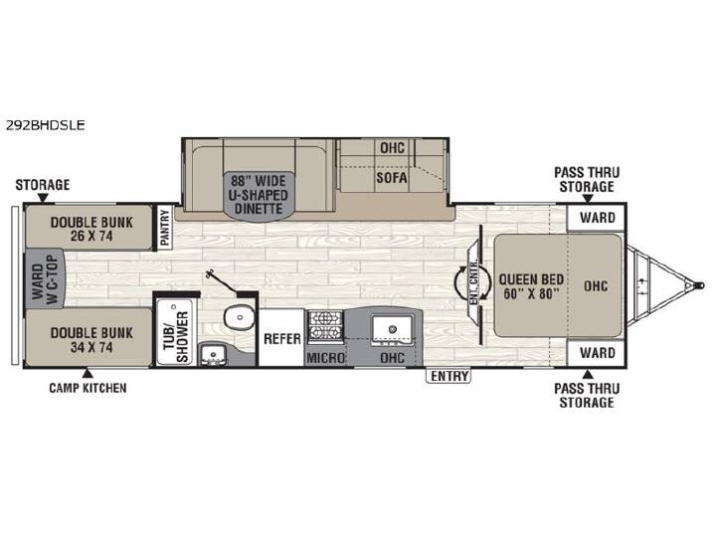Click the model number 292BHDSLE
(45, 124)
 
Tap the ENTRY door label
(449, 376)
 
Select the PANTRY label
(164, 227)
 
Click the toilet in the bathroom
(239, 316)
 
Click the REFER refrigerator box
(281, 338)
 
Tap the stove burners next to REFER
(325, 326)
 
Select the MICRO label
(325, 358)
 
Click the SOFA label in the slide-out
(392, 177)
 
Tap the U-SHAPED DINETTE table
(259, 196)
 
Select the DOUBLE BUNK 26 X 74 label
(91, 229)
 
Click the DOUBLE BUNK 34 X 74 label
(91, 339)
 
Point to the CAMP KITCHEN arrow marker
(88, 374)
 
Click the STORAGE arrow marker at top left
(43, 198)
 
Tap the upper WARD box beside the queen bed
(596, 218)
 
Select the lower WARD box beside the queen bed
(596, 352)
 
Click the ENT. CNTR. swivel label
(473, 283)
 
